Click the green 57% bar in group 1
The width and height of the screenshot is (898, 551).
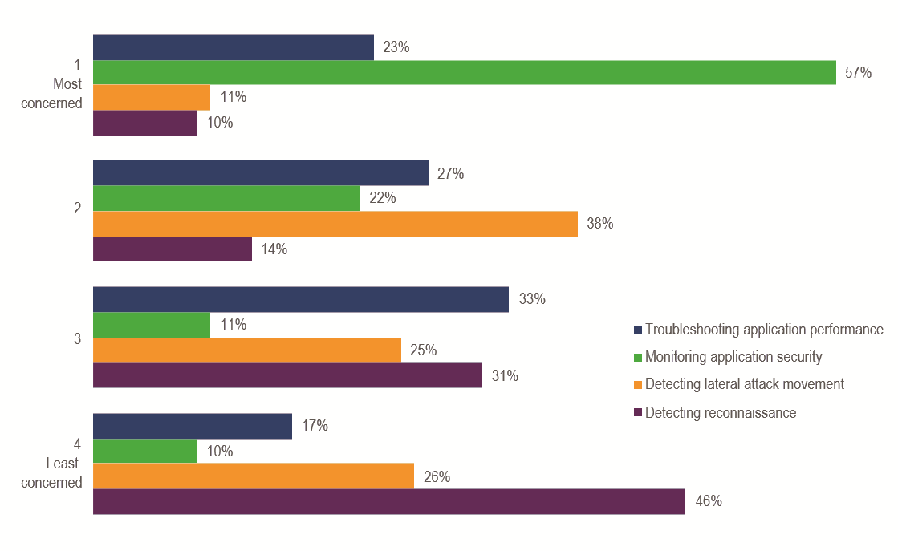[464, 72]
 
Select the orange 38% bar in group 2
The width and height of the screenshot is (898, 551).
[335, 224]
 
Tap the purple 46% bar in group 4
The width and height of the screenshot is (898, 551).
[389, 501]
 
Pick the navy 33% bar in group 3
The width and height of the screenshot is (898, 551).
[301, 299]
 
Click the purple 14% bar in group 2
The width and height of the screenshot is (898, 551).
[173, 249]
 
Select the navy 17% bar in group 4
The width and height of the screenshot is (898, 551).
[193, 426]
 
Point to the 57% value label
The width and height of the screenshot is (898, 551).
[858, 72]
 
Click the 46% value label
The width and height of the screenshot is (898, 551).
[709, 502]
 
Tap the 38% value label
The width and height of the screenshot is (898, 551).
[600, 224]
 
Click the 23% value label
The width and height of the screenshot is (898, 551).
[396, 47]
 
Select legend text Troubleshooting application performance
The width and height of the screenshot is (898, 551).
[764, 330]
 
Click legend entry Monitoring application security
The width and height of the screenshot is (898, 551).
[733, 357]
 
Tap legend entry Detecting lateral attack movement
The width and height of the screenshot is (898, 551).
[745, 384]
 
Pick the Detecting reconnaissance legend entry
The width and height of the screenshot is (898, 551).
[721, 412]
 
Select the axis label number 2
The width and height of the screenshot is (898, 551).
[78, 209]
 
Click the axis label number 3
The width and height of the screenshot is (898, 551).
[78, 338]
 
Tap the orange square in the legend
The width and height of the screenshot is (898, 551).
[638, 385]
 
